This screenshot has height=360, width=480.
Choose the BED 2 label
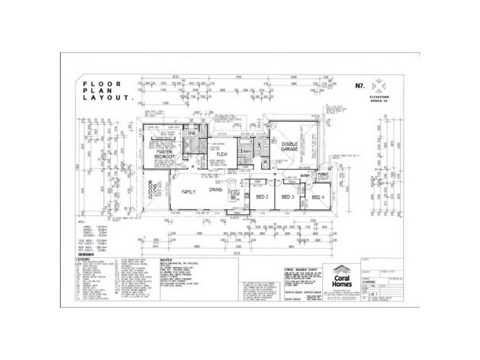point(262,196)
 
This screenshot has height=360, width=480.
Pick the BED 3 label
point(287,196)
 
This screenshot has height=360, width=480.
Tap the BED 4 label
point(317,196)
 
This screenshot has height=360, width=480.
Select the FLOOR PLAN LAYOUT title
point(107,90)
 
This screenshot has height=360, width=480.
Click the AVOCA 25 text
point(380,101)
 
